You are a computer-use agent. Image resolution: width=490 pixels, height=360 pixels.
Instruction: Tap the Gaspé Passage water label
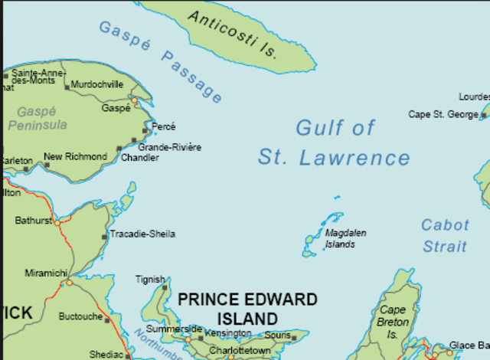pos(160,61)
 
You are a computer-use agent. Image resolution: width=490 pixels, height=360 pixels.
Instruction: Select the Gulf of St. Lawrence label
pos(335,142)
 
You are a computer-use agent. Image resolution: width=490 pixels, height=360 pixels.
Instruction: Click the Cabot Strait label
pos(444,235)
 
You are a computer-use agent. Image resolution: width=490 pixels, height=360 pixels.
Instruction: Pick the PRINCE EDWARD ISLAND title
pos(247,308)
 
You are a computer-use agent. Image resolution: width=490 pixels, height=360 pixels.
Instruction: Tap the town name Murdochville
pos(97,85)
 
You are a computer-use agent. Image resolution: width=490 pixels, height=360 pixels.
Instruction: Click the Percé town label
pos(164,126)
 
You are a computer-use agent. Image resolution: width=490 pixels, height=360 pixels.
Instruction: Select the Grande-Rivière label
pos(169,146)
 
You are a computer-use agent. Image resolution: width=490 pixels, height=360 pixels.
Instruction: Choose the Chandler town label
pos(139,158)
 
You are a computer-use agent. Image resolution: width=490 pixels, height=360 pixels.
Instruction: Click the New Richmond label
pos(75,157)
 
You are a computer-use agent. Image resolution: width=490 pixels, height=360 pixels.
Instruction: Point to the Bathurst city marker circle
pos(57,222)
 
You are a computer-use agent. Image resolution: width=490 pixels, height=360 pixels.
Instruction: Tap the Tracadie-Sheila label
pos(142,234)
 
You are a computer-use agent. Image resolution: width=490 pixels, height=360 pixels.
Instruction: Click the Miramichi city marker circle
pos(69,282)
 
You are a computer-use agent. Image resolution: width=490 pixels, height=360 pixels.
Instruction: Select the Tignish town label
pos(150,280)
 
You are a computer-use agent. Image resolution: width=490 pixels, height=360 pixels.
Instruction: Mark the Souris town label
pos(279,335)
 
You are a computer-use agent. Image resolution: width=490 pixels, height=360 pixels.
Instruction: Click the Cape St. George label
pos(442,115)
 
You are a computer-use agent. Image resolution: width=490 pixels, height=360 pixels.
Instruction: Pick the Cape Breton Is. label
pos(393,322)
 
